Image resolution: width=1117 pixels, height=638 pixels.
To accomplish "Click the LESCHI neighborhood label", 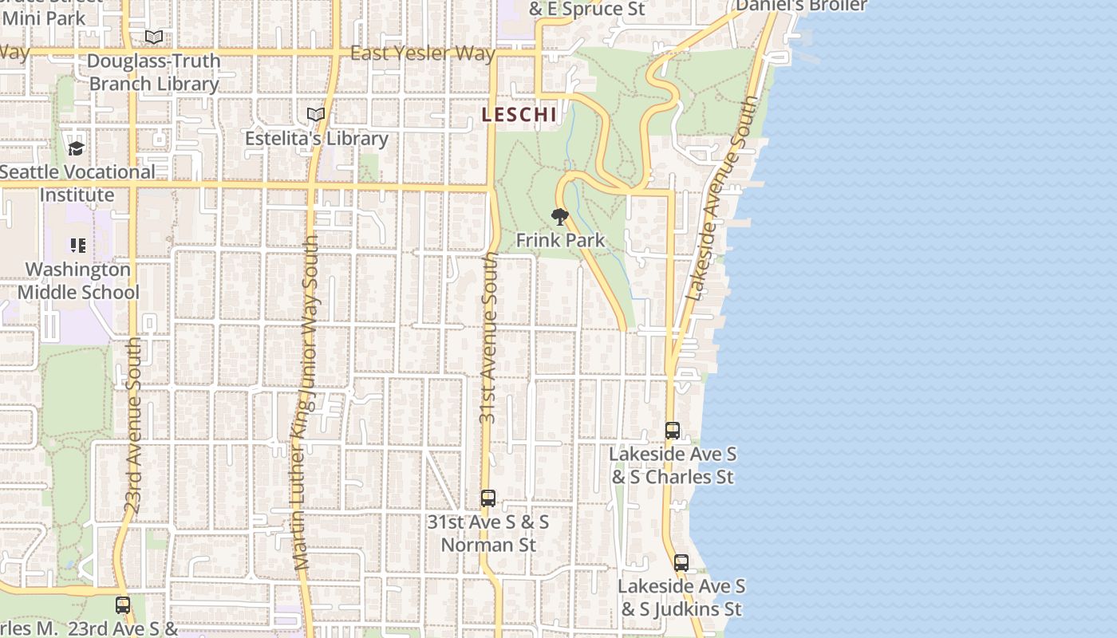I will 519,115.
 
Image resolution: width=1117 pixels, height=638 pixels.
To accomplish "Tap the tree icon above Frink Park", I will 560,216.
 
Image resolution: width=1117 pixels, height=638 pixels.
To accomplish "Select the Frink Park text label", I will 560,240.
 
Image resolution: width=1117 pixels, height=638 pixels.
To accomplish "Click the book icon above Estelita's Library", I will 316,115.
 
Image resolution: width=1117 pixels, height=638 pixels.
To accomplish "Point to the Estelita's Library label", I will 316,139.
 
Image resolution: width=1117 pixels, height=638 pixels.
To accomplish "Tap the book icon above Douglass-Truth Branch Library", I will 154,37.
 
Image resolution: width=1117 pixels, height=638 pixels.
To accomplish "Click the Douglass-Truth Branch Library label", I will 153,73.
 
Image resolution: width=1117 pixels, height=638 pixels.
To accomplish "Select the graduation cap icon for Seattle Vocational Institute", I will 76,148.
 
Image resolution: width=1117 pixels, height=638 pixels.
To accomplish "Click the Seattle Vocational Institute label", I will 77,183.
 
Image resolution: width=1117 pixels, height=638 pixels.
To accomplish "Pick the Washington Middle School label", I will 78,281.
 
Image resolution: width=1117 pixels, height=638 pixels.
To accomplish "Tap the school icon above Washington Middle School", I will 78,246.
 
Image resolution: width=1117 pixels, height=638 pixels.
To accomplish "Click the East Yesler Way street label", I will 423,54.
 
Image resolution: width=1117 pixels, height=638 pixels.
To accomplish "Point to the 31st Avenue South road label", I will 488,338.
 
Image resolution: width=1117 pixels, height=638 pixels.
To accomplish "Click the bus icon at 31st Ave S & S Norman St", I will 488,498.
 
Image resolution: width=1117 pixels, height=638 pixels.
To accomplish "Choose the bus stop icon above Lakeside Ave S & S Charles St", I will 673,431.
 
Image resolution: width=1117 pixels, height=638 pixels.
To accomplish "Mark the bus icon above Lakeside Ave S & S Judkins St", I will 681,563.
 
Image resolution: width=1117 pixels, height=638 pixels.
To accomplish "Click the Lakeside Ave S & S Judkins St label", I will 681,598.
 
